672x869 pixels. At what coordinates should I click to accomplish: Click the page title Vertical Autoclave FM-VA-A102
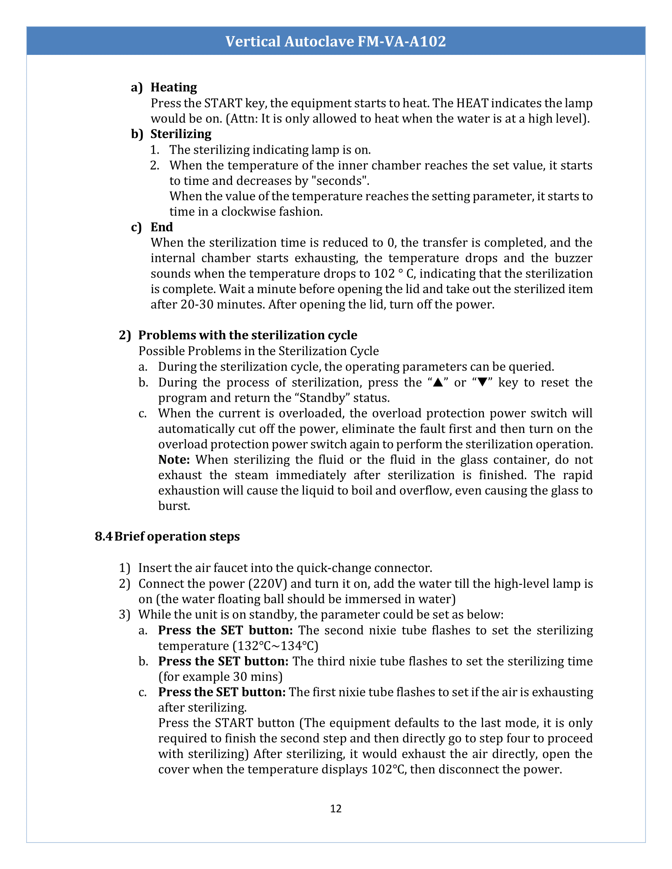pos(336,41)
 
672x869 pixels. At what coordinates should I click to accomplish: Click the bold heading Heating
pos(174,87)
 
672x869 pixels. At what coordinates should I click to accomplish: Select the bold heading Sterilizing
pos(181,134)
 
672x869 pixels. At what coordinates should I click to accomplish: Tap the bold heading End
pos(162,227)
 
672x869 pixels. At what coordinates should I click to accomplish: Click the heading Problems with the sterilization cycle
pos(247,335)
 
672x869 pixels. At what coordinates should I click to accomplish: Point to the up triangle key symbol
pos(438,383)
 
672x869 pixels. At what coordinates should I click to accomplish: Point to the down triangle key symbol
pos(483,383)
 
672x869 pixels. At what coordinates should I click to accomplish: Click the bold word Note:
pos(174,459)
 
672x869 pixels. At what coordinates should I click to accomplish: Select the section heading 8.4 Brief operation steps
pos(167,536)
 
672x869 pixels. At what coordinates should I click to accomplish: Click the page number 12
pos(336,809)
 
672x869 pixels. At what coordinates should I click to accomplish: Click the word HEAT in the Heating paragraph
pos(472,103)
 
